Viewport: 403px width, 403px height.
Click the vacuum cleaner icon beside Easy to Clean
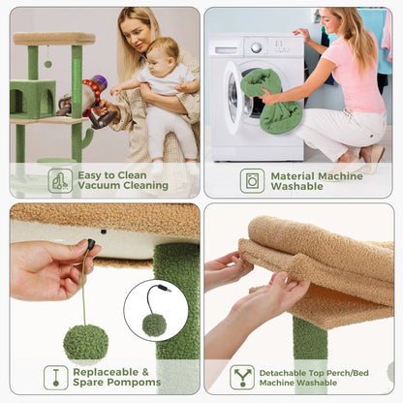tap(60, 180)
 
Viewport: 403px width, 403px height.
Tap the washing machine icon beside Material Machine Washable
tap(252, 181)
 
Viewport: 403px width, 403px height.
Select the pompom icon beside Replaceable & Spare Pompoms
tap(56, 377)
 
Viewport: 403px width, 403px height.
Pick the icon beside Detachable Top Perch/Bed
tap(242, 377)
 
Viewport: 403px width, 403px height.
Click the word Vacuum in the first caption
tap(99, 185)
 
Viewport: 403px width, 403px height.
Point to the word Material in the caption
tap(293, 176)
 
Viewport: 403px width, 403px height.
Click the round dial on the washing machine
tap(256, 47)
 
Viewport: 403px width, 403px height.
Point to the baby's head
tap(163, 55)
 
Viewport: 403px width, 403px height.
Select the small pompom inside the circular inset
tap(154, 325)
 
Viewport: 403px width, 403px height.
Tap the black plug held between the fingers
tap(91, 243)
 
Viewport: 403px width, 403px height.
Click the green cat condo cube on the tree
tap(32, 100)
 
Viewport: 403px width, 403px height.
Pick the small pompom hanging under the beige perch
tap(47, 64)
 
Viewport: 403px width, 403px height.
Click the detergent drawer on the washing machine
tap(226, 50)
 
